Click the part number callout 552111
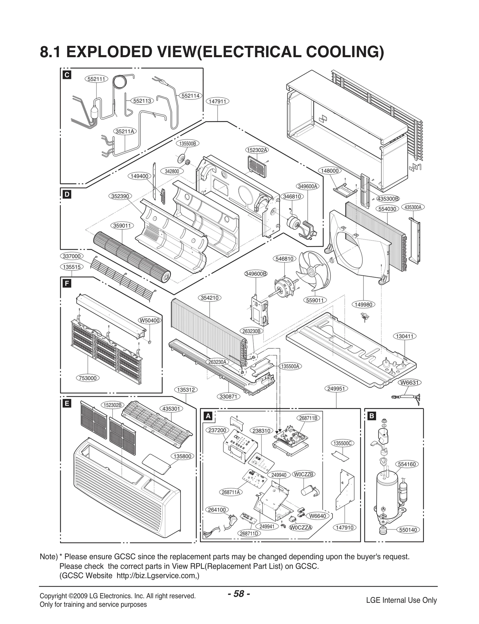96,79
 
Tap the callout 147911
217,102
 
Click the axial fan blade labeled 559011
313,271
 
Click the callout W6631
409,382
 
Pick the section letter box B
371,416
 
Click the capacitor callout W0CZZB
304,474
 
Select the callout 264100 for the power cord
217,510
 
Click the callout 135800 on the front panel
182,456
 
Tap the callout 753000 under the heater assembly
88,378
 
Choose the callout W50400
150,320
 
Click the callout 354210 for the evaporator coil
210,298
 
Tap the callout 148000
330,171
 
